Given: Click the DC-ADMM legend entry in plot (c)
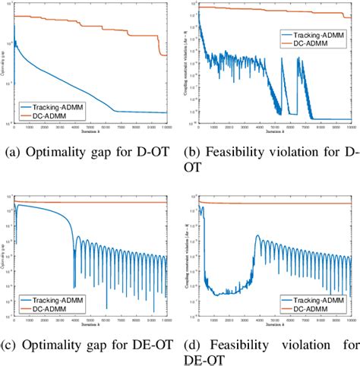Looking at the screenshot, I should pyautogui.click(x=58, y=308).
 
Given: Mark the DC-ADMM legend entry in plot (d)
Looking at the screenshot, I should pyautogui.click(x=318, y=308).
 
